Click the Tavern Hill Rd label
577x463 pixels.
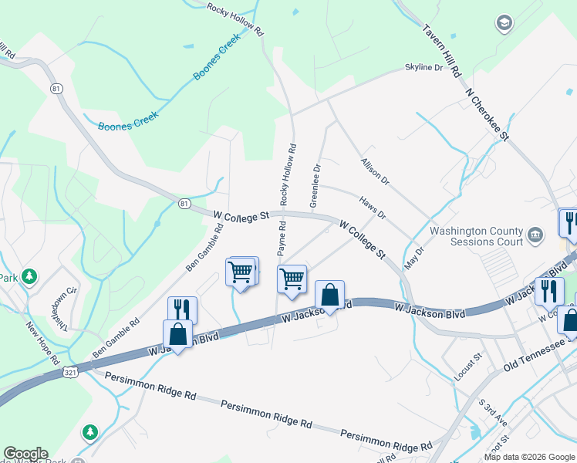(442, 52)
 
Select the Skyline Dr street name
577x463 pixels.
(424, 68)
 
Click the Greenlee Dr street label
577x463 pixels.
(315, 185)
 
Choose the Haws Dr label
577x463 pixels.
(373, 206)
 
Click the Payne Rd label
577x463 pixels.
(282, 239)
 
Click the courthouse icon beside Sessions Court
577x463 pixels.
(535, 234)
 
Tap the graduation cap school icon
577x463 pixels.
(505, 23)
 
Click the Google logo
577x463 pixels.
(25, 454)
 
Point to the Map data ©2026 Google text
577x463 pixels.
(528, 457)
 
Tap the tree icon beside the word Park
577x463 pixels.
(29, 275)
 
